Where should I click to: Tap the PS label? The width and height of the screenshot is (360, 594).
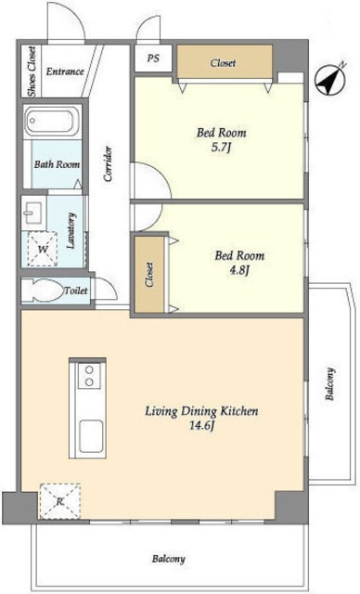click(x=153, y=58)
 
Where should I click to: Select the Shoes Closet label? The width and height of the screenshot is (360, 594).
click(x=32, y=71)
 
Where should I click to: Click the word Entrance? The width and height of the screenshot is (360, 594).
click(x=65, y=71)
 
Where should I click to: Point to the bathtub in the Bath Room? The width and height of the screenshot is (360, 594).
click(x=53, y=122)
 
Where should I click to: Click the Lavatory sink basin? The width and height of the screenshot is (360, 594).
click(x=33, y=213)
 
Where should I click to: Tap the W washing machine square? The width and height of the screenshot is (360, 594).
click(x=43, y=250)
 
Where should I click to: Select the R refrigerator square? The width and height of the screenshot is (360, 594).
click(x=60, y=501)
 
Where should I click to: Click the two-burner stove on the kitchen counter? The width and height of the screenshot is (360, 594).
click(x=89, y=375)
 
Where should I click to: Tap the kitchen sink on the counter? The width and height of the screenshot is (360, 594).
click(x=91, y=436)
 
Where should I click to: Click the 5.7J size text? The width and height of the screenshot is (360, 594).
click(x=221, y=148)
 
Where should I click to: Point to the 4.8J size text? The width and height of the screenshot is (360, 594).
click(x=239, y=270)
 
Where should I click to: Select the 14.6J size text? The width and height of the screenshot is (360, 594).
click(x=202, y=426)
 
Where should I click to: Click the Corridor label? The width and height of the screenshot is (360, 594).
click(x=108, y=163)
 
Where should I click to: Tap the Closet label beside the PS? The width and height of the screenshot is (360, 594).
click(x=223, y=63)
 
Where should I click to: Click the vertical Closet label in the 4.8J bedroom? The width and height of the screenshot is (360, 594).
click(x=149, y=275)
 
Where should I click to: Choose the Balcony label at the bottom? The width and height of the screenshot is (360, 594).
click(x=169, y=559)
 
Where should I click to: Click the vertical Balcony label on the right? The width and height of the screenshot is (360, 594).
click(x=330, y=383)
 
